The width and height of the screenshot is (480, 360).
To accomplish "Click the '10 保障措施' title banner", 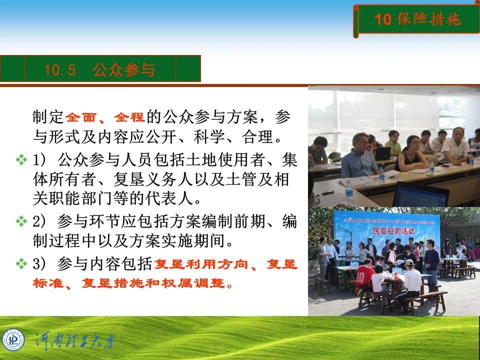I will [x=417, y=19].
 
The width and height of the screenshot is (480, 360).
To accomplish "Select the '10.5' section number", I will [x=59, y=70].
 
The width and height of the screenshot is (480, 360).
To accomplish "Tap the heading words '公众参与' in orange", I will [x=123, y=70].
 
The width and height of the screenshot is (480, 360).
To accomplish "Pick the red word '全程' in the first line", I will [x=129, y=117].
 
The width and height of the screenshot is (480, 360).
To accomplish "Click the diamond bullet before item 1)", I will [x=21, y=160].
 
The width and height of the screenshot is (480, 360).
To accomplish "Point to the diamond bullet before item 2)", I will [x=21, y=220].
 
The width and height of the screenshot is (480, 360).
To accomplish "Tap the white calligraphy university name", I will [x=75, y=342].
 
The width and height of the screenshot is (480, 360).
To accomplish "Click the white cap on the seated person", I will [x=409, y=262].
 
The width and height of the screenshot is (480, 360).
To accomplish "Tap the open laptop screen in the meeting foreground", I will [x=421, y=195].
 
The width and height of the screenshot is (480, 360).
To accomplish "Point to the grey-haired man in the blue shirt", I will [x=359, y=155].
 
